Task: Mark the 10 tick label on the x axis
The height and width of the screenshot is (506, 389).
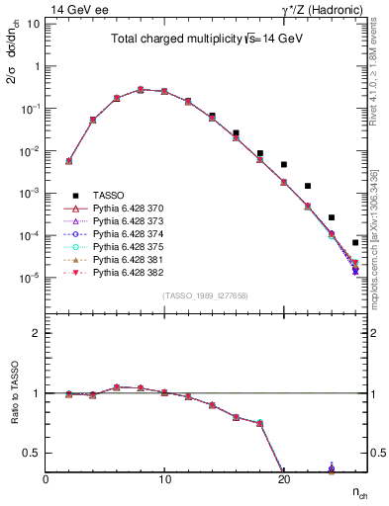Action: point(164,479)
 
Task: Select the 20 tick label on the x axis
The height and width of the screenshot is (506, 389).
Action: point(283,479)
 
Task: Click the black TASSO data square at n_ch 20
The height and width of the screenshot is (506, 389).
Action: point(284,165)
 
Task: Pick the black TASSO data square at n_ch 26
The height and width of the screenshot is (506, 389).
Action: point(355,242)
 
